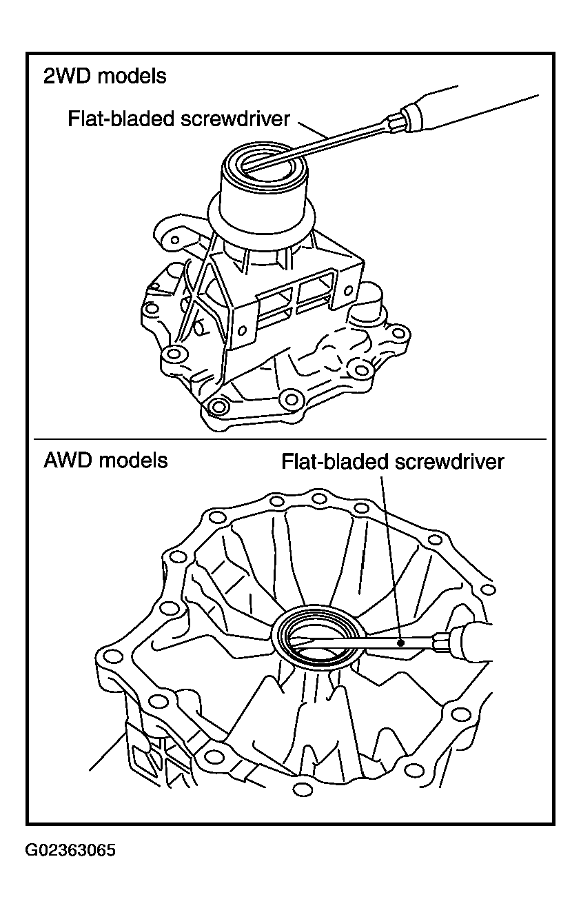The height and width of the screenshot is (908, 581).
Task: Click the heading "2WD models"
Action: [x=105, y=77]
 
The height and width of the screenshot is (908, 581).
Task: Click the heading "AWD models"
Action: [x=105, y=461]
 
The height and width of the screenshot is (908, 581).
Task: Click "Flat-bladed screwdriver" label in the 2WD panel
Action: [x=179, y=119]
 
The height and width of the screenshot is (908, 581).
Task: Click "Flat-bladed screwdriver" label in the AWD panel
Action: [x=393, y=462]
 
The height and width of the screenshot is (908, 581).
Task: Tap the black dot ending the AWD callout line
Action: [x=400, y=643]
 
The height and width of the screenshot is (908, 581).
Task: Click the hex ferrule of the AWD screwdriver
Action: [x=442, y=643]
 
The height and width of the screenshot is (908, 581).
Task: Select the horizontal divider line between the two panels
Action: [x=289, y=439]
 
